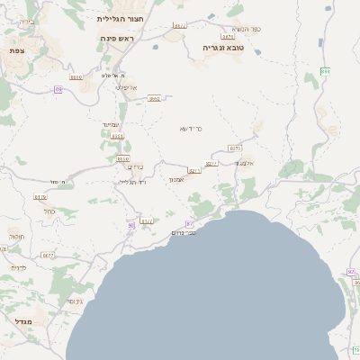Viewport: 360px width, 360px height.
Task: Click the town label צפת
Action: tap(16, 50)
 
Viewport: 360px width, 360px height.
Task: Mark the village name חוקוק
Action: tap(16, 236)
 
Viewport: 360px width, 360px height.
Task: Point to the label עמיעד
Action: tap(111, 124)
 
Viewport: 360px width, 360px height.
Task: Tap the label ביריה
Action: tap(27, 19)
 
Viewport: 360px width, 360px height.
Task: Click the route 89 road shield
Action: tap(58, 89)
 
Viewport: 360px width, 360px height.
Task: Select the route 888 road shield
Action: tap(325, 71)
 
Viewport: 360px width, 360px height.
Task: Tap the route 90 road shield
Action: tap(131, 225)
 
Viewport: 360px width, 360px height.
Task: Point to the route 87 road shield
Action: tap(190, 223)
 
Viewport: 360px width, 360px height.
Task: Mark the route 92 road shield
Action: tap(351, 272)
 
